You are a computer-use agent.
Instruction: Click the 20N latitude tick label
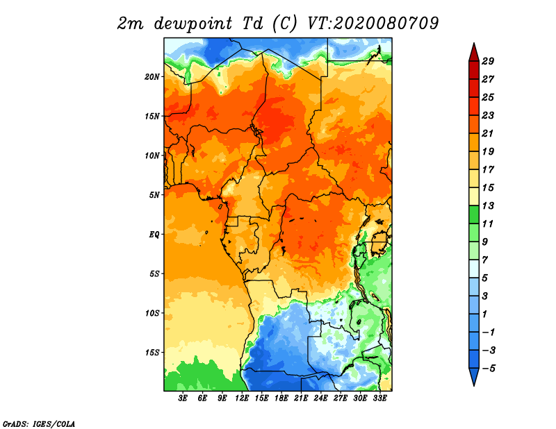tap(152, 76)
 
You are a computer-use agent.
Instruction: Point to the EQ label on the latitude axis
tap(154, 234)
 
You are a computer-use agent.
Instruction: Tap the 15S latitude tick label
tap(152, 352)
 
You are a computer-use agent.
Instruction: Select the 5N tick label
tap(154, 195)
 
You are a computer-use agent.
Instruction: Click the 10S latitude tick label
tap(152, 313)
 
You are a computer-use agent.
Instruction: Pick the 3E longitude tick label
tap(183, 398)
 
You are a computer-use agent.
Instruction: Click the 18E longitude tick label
tap(281, 398)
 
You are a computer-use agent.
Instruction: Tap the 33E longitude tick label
tap(379, 398)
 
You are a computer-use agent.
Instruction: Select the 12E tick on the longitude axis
tap(242, 398)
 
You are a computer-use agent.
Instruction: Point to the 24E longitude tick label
tap(320, 398)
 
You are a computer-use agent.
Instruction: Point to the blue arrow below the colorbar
tap(473, 377)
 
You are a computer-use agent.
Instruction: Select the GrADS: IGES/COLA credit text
tap(39, 423)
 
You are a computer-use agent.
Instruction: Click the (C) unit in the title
tap(285, 24)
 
